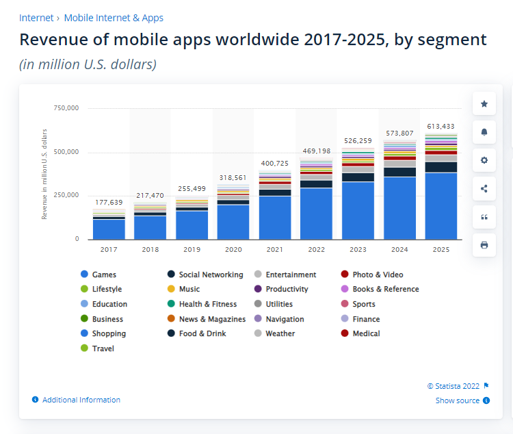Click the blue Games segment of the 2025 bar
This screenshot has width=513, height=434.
coord(441,205)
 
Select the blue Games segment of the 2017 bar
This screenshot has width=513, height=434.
coord(109,229)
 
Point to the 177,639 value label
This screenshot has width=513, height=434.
coord(109,202)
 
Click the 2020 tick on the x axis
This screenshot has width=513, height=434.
coord(233,250)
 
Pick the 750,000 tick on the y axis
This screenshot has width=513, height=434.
coord(66,108)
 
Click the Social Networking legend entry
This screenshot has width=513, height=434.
coord(211,275)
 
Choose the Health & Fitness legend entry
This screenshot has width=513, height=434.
coord(208,304)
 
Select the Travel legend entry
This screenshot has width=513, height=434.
coord(103,348)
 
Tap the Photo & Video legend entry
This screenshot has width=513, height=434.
coord(378,275)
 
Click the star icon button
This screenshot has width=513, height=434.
coord(484,104)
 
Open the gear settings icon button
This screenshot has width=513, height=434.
coord(484,160)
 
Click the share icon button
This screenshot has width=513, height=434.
coord(484,189)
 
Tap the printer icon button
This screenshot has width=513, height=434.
coord(484,245)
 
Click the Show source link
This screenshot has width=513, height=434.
coord(458,400)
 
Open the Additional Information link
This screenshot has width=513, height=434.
coord(81,400)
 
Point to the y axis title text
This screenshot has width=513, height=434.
coord(45,174)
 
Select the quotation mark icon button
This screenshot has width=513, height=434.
coord(484,217)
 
